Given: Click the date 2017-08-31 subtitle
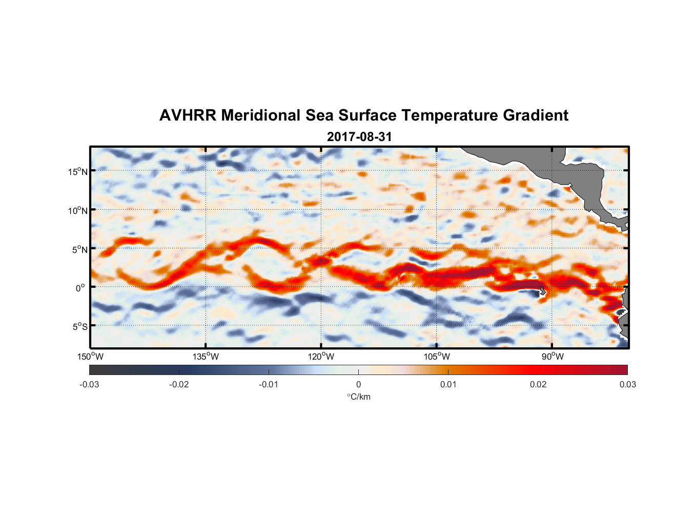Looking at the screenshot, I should pos(359,137).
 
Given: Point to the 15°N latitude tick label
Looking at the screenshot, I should pos(78,171).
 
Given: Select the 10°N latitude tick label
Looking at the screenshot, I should pos(78,210).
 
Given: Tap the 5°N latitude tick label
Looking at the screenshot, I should pos(80,249).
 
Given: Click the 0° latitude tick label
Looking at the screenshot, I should pos(80,288).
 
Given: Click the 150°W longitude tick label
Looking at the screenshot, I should pos(91,357).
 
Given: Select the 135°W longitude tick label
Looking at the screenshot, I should pos(206,357).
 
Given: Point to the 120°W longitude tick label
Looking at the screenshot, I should pos(321,357).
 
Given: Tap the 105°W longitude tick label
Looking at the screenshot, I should pos(437,357).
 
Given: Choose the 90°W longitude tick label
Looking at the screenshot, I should pos(552,357).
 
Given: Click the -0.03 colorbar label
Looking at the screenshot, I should pos(89,384).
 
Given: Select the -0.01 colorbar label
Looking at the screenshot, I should pos(269,384).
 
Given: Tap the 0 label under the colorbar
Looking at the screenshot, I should pos(358,384).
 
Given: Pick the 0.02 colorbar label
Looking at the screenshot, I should pos(538,384).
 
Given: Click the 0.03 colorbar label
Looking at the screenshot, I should pos(627,384).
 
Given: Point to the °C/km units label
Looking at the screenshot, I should pos(359,397).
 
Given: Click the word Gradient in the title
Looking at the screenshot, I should pos(536,115).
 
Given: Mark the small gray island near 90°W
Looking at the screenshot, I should pos(542,291).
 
